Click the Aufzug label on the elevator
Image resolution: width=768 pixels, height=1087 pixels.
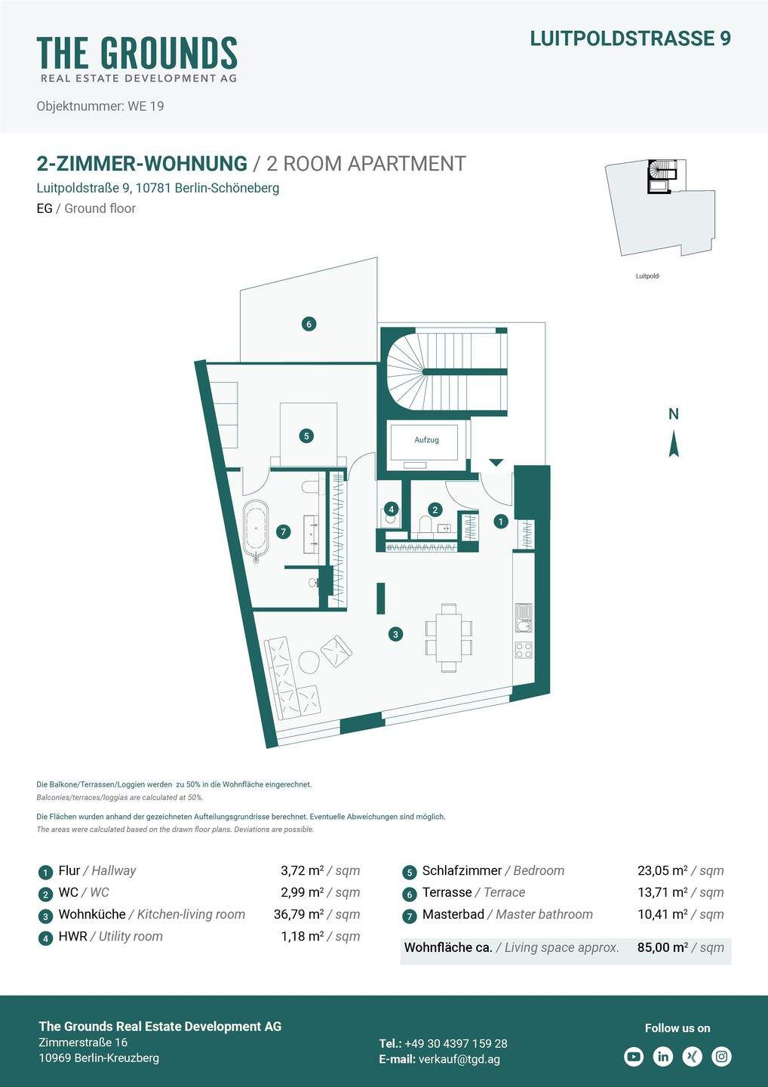426,439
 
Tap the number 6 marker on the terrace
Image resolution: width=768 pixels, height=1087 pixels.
308,324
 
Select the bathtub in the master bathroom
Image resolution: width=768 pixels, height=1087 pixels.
256,529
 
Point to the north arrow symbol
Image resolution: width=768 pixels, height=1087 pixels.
674,443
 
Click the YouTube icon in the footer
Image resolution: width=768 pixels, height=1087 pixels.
634,1056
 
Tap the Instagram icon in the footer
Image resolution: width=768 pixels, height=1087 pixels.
722,1056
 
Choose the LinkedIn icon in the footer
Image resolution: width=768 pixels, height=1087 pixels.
663,1056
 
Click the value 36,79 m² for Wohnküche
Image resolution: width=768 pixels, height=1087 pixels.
299,914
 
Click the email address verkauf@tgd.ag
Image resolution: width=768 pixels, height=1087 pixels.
459,1059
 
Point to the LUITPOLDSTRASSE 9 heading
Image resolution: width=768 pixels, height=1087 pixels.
630,38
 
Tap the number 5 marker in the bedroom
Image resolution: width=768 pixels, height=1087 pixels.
306,436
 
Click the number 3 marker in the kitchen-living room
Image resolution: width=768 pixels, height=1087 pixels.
395,634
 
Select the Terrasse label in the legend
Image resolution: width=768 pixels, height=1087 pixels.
447,892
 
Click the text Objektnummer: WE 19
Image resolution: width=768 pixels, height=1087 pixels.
100,106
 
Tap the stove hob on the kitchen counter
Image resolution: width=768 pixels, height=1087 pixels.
523,649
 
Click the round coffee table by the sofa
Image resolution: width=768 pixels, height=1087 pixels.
309,662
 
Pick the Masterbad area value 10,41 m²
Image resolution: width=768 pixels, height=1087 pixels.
662,914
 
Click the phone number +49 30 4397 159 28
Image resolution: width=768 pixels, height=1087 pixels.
456,1043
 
